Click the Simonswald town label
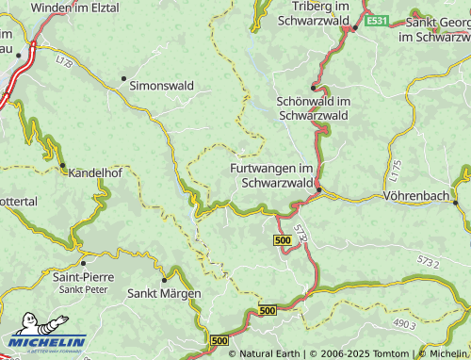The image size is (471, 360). pos(162,85)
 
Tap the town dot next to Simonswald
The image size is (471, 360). pos(123,78)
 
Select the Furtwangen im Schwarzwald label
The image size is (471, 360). pos(271,175)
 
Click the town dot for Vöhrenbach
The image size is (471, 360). pos(455,202)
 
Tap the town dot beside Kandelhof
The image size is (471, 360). pos(63,167)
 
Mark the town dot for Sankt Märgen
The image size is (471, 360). pos(164,279)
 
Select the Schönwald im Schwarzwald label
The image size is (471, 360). pos(315,107)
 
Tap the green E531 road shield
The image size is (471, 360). pos(377,20)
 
